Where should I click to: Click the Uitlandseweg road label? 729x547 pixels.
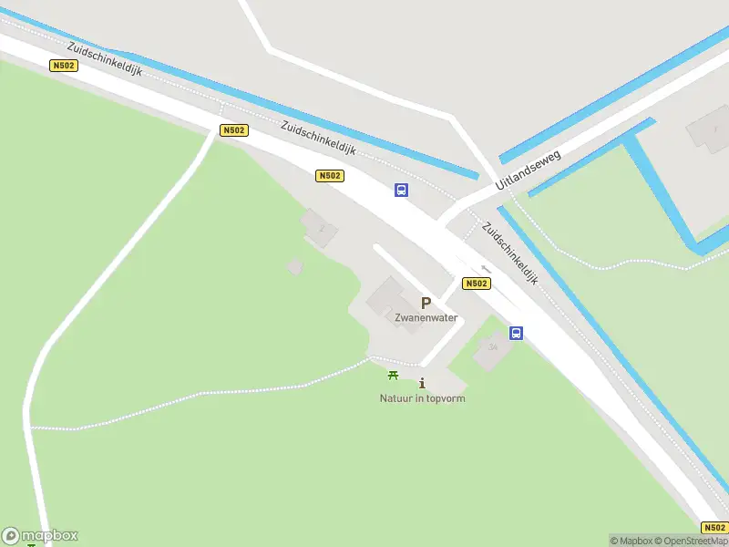(x=529, y=170)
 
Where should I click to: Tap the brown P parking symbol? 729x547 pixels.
(x=426, y=304)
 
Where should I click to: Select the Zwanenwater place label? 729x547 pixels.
(x=426, y=318)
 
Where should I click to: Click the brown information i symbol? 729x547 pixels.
(x=422, y=384)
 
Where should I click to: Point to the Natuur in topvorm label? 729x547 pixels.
(x=422, y=398)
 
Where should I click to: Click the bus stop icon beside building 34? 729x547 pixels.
(x=516, y=333)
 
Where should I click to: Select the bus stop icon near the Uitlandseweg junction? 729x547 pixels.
(x=401, y=190)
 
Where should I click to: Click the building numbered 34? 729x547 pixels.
(x=493, y=347)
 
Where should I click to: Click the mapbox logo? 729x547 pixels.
(x=40, y=536)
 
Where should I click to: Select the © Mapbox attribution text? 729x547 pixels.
(x=631, y=541)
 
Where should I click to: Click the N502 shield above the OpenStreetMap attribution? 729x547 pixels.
(x=714, y=527)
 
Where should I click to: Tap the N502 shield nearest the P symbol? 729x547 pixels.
(x=476, y=284)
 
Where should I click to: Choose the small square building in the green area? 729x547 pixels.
(x=294, y=266)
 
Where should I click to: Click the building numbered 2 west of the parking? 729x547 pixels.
(x=320, y=226)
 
